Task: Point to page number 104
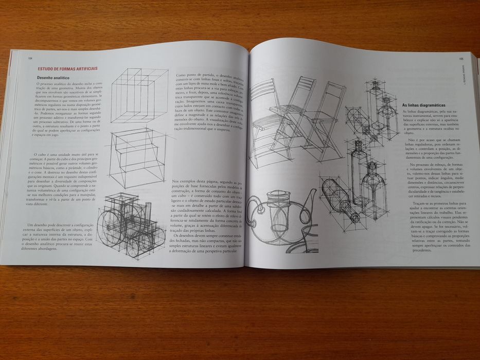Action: pos(30,58)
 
